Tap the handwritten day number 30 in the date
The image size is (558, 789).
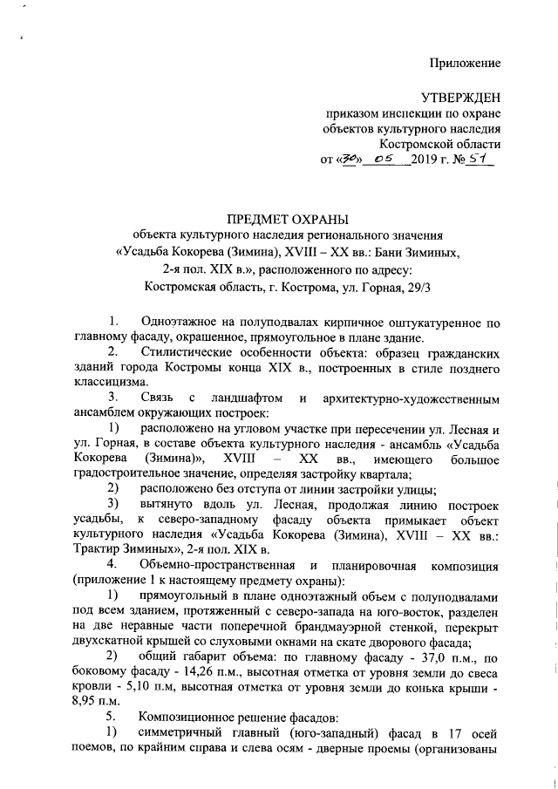[x=350, y=160]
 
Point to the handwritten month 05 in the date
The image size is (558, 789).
[x=384, y=160]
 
